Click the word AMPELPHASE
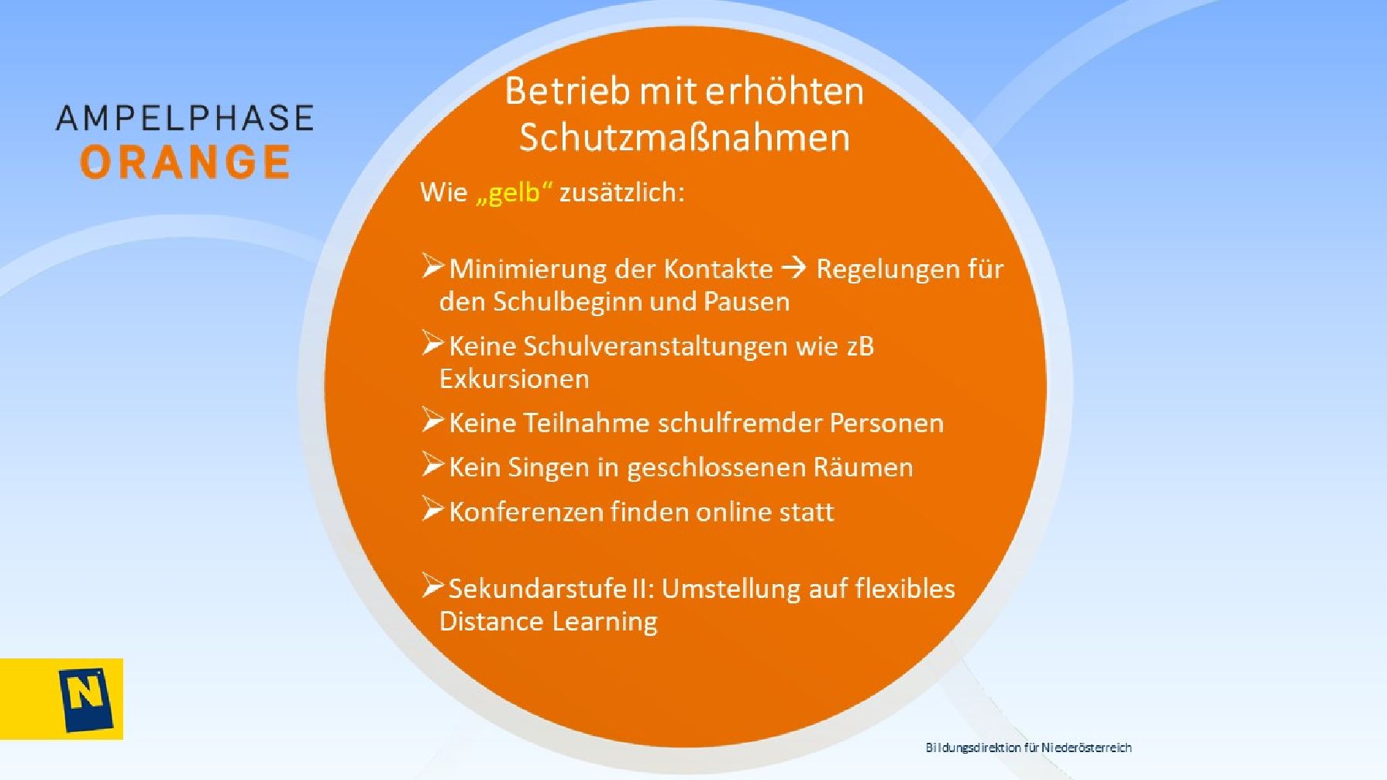[x=185, y=118]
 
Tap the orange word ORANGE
[x=185, y=162]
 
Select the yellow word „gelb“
[x=514, y=192]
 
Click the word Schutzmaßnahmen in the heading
[x=684, y=137]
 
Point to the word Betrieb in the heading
[x=567, y=91]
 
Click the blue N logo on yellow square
[x=85, y=699]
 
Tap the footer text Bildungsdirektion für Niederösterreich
[x=1028, y=747]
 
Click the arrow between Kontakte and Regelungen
[x=794, y=268]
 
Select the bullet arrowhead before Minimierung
[x=432, y=266]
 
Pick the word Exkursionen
[x=514, y=379]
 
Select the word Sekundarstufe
[x=548, y=588]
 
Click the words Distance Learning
[x=548, y=621]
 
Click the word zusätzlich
[x=621, y=192]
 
